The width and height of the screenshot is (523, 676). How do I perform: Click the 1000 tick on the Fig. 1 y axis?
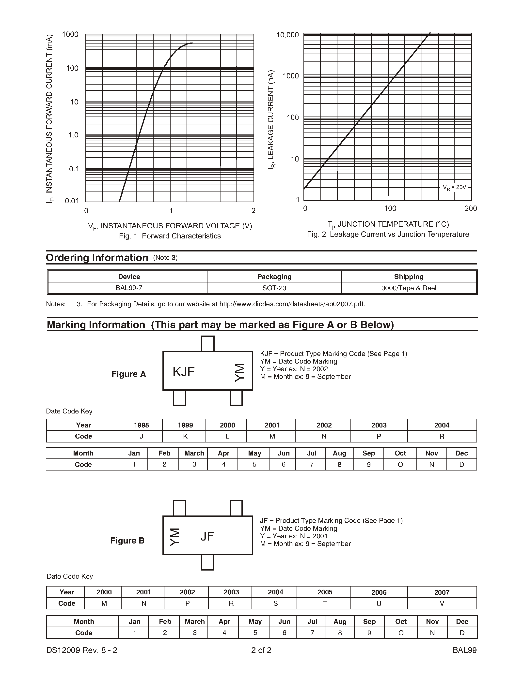tap(70, 34)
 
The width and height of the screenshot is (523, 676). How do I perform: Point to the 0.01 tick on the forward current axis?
tap(72, 201)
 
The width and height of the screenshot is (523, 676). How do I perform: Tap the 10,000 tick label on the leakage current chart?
tap(287, 35)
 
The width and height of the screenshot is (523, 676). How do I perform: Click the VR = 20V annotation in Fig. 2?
tap(454, 187)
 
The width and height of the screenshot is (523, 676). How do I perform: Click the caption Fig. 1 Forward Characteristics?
tap(170, 236)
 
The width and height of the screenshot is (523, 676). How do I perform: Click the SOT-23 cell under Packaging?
tap(274, 288)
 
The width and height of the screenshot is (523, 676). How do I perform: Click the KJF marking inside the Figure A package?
tap(183, 372)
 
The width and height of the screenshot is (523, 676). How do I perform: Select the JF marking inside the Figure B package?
tap(207, 536)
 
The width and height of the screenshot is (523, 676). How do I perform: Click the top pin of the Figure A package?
tap(207, 344)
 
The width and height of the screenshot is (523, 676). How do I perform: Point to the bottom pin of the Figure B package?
tap(207, 562)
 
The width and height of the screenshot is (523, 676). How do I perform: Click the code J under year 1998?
tap(141, 436)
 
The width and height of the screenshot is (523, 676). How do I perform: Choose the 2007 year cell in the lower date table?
tap(442, 592)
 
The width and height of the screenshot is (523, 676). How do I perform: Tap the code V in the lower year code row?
tap(442, 603)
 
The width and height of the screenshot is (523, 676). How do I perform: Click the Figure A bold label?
tap(128, 374)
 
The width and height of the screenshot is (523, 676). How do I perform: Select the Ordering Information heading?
tap(97, 258)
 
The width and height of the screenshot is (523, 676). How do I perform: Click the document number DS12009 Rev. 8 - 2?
tap(82, 650)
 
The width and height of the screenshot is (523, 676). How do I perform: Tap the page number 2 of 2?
tap(261, 650)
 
